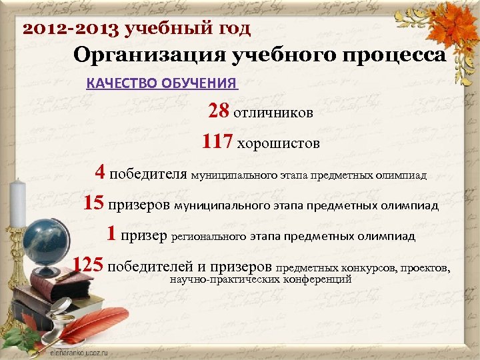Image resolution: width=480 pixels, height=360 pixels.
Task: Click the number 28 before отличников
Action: pyautogui.click(x=219, y=111)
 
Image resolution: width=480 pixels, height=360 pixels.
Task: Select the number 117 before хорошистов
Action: pyautogui.click(x=217, y=142)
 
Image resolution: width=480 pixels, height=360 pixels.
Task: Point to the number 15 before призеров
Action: pyautogui.click(x=94, y=203)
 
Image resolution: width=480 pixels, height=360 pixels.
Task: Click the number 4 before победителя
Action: pyautogui.click(x=100, y=173)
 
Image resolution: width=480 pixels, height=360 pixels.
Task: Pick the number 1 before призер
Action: pyautogui.click(x=111, y=235)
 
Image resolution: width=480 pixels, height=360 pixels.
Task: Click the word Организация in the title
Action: pyautogui.click(x=149, y=55)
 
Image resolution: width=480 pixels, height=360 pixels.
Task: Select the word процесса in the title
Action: pyautogui.click(x=400, y=55)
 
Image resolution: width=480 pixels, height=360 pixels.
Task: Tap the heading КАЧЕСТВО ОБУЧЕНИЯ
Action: pyautogui.click(x=162, y=83)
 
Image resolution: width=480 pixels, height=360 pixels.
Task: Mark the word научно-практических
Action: pyautogui.click(x=223, y=279)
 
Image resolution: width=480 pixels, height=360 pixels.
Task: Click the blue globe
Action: pyautogui.click(x=43, y=241)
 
